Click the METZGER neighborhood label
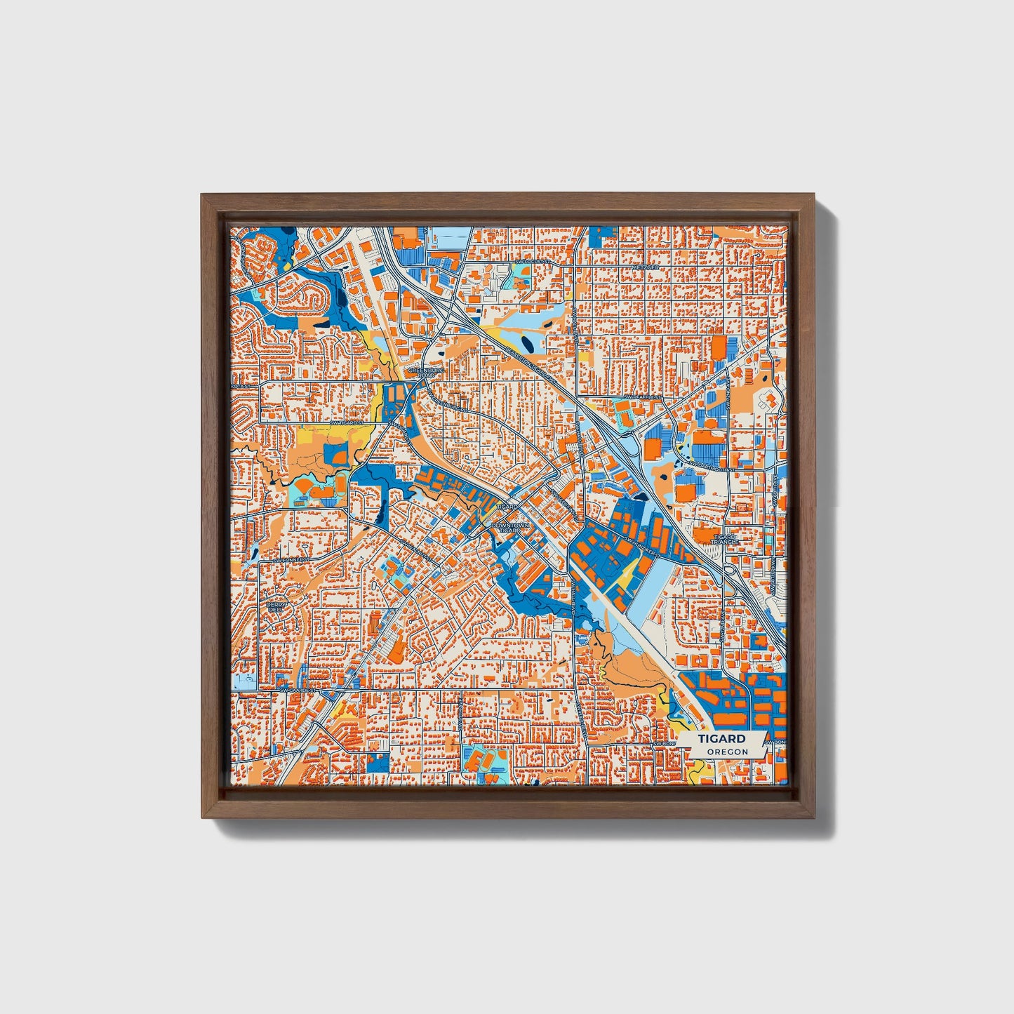pyautogui.click(x=646, y=267)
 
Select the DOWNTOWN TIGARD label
pyautogui.click(x=507, y=527)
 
